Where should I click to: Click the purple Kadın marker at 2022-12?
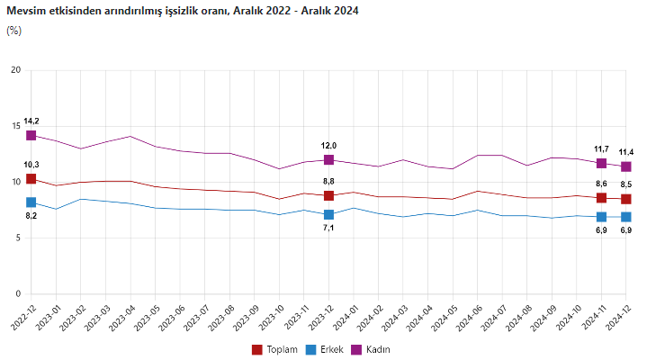31,135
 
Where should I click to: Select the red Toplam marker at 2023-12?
328,195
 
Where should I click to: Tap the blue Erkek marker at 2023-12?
328,214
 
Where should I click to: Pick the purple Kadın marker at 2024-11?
601,163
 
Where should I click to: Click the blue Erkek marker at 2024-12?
625,217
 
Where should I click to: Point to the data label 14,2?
31,121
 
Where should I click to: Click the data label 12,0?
328,145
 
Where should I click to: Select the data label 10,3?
31,165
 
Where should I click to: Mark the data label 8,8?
328,181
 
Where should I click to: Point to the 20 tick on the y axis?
14,70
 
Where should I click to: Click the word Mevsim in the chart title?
25,10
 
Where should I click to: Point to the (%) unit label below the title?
13,30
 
